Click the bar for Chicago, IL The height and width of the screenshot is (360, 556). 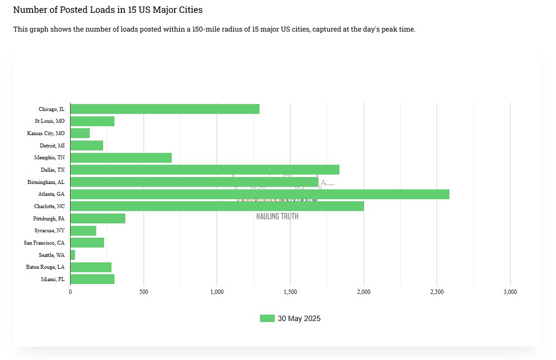coord(165,109)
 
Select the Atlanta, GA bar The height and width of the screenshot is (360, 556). coord(259,194)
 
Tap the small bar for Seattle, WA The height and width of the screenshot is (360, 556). coord(73,255)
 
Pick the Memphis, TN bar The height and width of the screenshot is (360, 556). coord(121,158)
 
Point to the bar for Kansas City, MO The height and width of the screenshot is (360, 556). coord(80,133)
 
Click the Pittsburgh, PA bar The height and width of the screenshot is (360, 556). coord(98,218)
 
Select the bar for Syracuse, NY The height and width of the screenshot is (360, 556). coord(83,231)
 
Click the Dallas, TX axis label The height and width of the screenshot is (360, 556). coord(53,170)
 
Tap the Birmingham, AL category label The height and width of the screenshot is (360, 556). coord(46,182)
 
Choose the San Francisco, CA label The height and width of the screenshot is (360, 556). coord(44,243)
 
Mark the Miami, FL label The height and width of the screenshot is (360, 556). coord(53,279)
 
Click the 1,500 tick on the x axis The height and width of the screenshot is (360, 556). coord(290,292)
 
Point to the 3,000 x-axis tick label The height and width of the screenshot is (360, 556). coord(510,292)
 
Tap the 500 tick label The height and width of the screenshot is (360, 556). coord(144,292)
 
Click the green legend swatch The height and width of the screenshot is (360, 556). coord(267,319)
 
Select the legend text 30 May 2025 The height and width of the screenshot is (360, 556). coord(299,319)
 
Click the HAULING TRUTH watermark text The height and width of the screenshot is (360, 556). coord(277,216)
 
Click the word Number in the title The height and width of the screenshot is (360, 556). coord(29,10)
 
